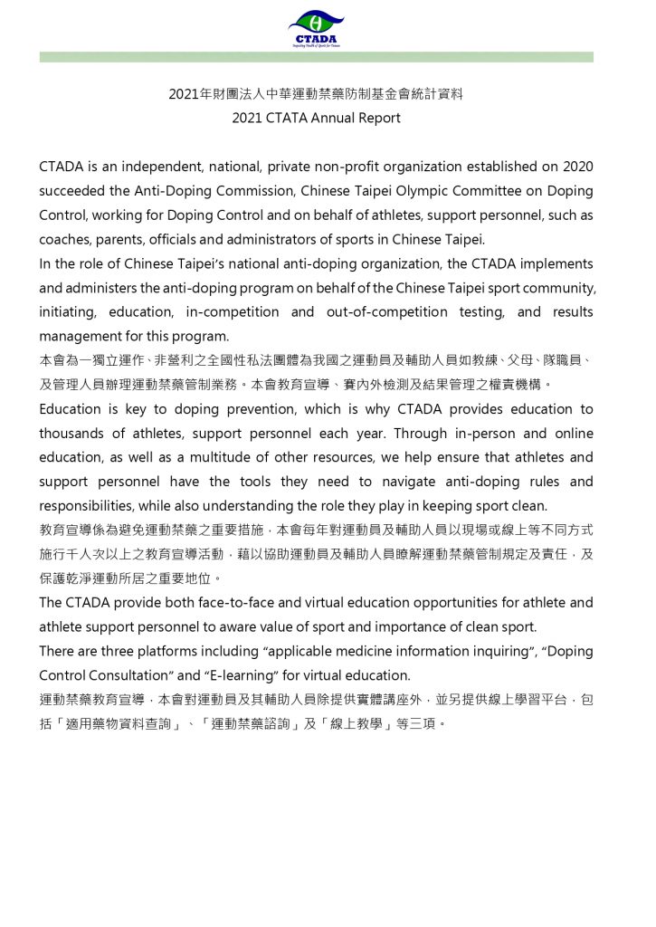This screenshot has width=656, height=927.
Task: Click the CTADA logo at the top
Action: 316,28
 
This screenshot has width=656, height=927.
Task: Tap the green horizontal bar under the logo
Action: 316,57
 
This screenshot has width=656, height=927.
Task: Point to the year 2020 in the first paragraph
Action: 577,167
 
